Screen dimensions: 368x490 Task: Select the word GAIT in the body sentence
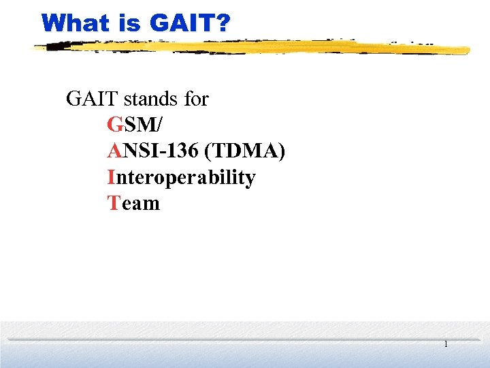pos(89,99)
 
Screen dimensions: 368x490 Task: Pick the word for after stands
pos(196,99)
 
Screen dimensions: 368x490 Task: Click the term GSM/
pos(135,125)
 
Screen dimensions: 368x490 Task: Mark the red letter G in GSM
pos(114,125)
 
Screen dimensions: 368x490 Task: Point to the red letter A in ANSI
pos(114,151)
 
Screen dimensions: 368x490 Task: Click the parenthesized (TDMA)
pos(248,151)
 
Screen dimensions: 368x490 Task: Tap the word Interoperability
pos(181,177)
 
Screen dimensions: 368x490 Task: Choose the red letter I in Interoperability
pos(110,177)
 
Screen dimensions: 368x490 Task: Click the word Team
pos(133,203)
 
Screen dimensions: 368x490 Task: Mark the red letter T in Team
pos(113,203)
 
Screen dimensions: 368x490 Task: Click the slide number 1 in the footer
pos(446,345)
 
